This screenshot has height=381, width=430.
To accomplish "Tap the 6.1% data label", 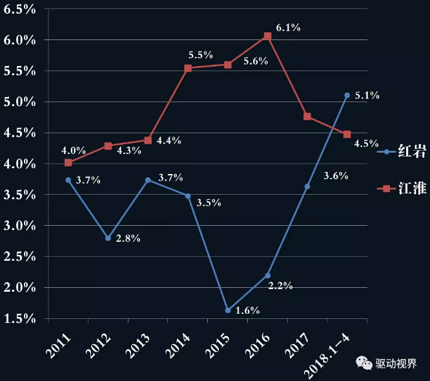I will pos(288,28).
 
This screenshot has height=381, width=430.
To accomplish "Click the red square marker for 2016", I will pos(268,36).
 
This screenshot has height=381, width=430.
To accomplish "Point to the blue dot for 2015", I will pos(228,310).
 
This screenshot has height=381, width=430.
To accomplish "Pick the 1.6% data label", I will pos(247,310).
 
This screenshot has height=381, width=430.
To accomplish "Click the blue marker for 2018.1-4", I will pos(347,95).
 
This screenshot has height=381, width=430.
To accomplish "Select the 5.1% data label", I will pos(367,96).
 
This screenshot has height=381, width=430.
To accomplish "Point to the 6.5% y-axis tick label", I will pos(21,9).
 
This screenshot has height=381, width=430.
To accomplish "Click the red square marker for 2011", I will pos(68,163).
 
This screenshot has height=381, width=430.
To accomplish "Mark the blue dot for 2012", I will pos(108,238).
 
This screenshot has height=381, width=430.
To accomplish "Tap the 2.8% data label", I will pos(128,239).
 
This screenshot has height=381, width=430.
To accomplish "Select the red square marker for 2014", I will pos(188,68).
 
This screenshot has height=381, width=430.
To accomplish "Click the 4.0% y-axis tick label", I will pos(21,164).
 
